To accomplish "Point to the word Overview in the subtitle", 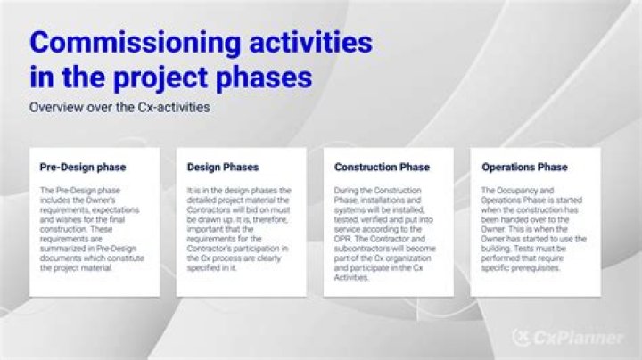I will (54, 107).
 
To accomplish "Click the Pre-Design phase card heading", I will (83, 167).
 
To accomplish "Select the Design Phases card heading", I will (222, 167).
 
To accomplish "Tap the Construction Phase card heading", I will (382, 167).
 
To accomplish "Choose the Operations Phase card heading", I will (524, 167).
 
